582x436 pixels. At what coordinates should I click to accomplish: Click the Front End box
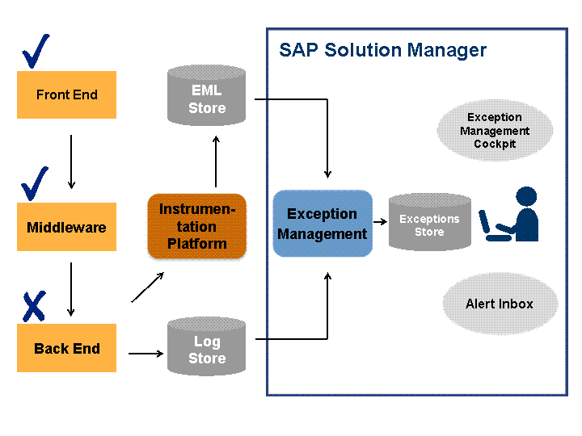click(x=67, y=95)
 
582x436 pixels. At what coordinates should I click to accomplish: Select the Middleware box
click(x=67, y=227)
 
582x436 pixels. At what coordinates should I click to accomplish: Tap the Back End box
click(x=67, y=348)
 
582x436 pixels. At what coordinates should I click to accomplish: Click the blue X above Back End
click(x=35, y=306)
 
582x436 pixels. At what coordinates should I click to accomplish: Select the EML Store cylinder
click(x=206, y=95)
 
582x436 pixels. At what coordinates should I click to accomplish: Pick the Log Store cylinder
click(x=206, y=346)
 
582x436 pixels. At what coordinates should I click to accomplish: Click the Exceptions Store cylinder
click(x=430, y=222)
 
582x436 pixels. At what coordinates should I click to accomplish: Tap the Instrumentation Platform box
click(x=197, y=226)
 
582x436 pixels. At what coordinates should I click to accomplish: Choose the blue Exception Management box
click(x=323, y=224)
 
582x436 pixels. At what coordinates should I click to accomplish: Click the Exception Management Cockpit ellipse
click(x=495, y=130)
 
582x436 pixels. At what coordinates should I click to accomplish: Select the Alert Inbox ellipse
click(x=500, y=304)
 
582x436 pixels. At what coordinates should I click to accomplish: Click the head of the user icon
click(x=526, y=196)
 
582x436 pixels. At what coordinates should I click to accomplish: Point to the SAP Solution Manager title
click(x=382, y=50)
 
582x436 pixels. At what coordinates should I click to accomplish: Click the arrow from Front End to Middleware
click(x=71, y=162)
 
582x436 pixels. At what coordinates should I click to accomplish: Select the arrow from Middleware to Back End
click(x=71, y=289)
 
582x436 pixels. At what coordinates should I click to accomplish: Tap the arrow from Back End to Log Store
click(x=145, y=354)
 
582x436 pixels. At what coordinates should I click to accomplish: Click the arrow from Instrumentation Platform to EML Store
click(x=216, y=161)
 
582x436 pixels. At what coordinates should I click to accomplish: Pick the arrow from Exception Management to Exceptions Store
click(x=380, y=222)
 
